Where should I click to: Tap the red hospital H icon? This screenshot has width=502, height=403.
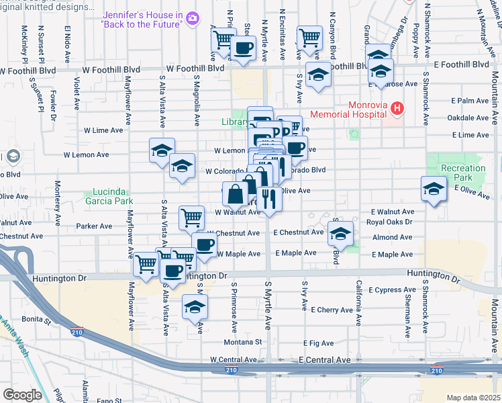[x=397, y=107]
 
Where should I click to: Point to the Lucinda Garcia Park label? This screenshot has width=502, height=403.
[x=111, y=195]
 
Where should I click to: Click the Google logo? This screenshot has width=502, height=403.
[x=23, y=394]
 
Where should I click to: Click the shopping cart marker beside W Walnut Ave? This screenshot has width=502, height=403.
[x=191, y=218]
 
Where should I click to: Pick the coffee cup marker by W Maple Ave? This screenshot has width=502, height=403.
[x=205, y=244]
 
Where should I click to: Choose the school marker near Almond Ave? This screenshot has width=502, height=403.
[x=341, y=234]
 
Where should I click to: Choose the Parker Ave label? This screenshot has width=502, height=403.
[x=94, y=226]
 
